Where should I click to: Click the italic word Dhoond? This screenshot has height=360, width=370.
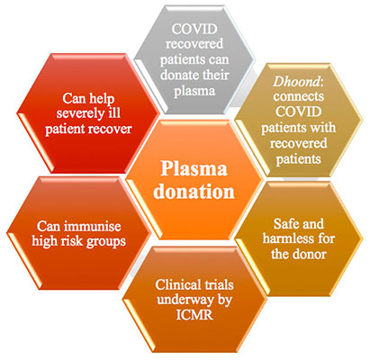click(296, 81)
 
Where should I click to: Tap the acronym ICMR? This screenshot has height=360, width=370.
click(194, 315)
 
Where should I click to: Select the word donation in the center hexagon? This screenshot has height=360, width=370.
click(194, 191)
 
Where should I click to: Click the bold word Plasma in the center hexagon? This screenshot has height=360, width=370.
click(194, 168)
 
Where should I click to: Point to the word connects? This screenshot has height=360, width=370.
click(299, 97)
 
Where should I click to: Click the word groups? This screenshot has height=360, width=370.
click(105, 242)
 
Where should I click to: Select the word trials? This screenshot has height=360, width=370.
click(219, 284)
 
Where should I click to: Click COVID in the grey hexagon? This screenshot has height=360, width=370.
click(194, 29)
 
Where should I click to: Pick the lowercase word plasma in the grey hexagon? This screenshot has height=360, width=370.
click(194, 91)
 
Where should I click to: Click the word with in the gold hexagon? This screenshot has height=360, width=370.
click(322, 128)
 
